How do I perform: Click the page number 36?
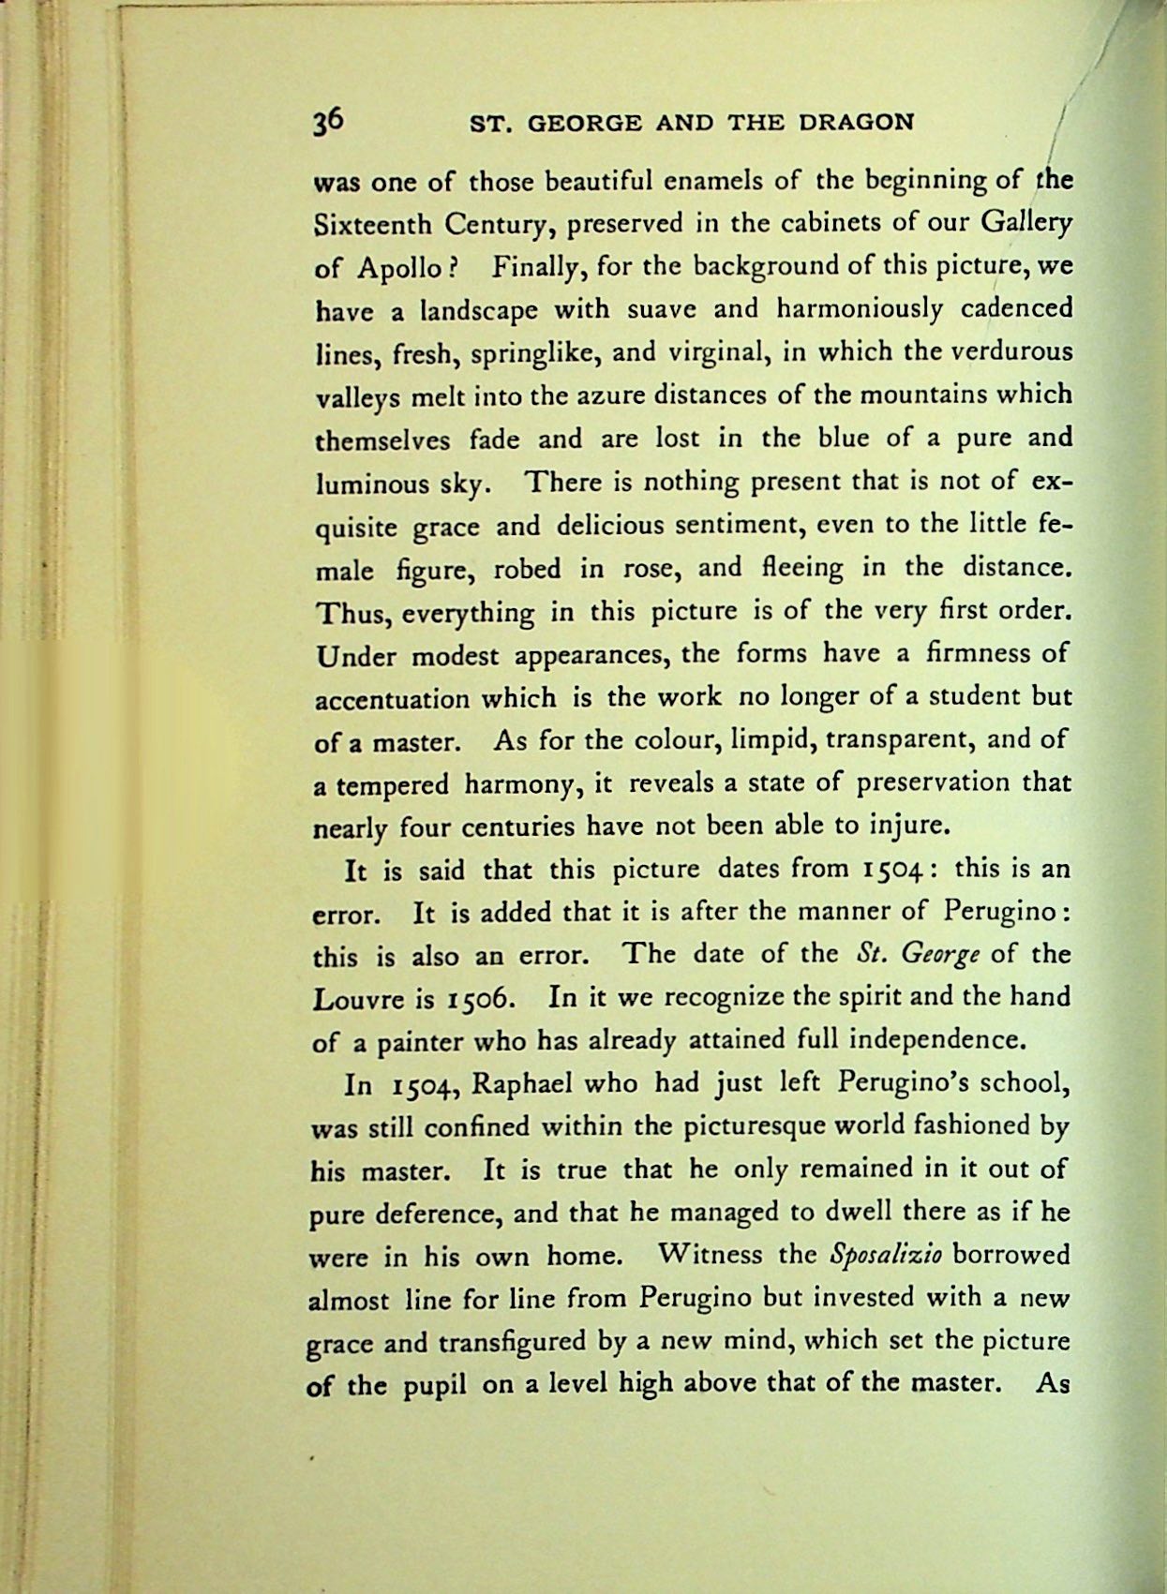[330, 122]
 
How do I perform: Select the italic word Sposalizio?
[886, 1255]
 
